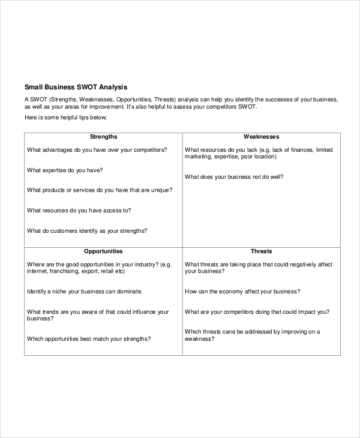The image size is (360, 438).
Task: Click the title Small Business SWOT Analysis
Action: (76, 86)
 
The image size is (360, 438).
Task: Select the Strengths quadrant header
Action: (103, 137)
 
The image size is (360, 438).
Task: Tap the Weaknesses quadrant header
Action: (261, 137)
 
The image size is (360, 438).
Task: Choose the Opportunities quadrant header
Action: (103, 251)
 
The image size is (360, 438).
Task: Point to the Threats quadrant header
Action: (261, 251)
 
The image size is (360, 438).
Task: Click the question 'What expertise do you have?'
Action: (65, 170)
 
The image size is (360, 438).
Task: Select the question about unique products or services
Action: (100, 190)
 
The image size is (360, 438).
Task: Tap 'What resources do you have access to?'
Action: (79, 211)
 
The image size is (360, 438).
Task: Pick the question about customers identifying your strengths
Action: (88, 231)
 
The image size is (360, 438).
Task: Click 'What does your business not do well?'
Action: (234, 177)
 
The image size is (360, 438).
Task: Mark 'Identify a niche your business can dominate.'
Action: (85, 292)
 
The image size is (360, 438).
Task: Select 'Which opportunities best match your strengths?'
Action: (89, 339)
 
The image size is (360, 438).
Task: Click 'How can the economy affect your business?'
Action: (242, 292)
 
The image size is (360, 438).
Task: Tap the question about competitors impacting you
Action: (257, 312)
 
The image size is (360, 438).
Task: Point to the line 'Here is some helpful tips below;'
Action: (65, 118)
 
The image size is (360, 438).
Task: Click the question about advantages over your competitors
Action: (97, 150)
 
